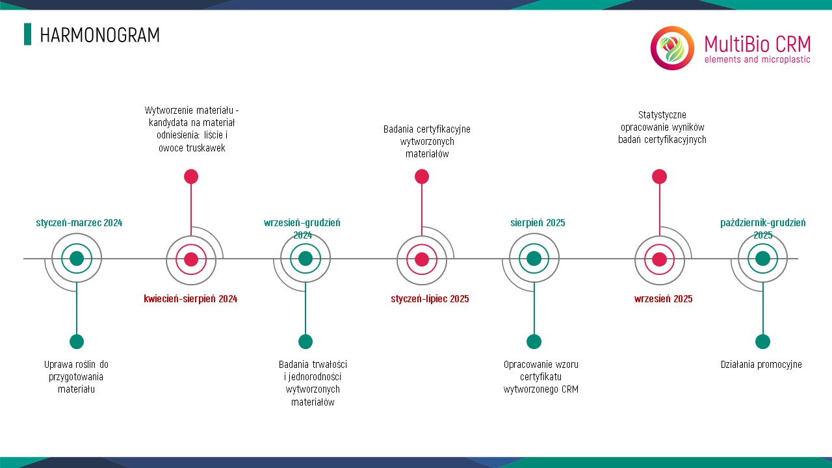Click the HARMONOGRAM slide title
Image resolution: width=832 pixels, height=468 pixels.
point(99,35)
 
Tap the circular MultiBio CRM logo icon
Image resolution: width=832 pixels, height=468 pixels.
point(672,48)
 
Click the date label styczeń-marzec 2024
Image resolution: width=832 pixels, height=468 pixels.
point(79,223)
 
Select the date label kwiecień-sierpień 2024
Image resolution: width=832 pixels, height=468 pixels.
point(190,299)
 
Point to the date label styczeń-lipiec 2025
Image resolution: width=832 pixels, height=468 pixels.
point(430,299)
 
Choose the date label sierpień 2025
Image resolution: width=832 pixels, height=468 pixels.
point(538,223)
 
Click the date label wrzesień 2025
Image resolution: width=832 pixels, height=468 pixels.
point(664,299)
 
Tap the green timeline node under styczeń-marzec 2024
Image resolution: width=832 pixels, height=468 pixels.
point(77,259)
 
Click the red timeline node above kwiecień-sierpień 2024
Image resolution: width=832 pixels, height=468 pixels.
point(191,259)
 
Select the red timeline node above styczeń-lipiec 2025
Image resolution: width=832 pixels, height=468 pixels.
point(422,259)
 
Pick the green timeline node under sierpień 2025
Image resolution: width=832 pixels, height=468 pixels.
point(534,259)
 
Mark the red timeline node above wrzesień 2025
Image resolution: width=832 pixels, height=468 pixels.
point(659,259)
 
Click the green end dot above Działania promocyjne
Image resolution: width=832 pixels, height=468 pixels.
point(762,342)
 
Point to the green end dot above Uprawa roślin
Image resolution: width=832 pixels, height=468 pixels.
point(77,342)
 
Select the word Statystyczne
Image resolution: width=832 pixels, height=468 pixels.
point(662,115)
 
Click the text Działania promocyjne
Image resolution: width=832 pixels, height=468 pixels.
point(761,365)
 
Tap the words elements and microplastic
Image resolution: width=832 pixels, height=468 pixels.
point(757,59)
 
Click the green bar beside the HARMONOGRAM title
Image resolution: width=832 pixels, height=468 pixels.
point(27,34)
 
